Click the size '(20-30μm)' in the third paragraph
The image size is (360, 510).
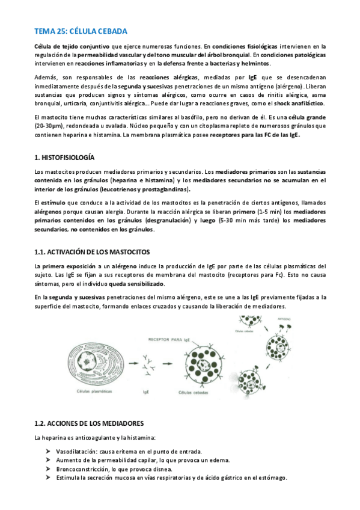50,126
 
